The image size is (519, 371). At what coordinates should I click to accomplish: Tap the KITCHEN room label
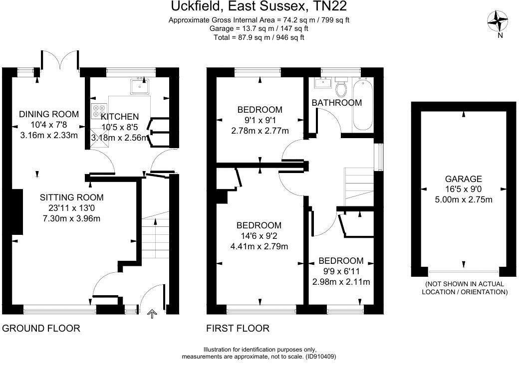pos(120,117)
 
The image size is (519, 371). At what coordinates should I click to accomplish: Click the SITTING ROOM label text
pos(72,197)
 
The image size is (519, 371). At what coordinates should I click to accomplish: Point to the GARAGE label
pos(464,179)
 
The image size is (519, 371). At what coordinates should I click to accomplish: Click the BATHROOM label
pos(336,103)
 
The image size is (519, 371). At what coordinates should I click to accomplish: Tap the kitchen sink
pos(139,87)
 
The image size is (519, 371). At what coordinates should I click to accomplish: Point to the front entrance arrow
pos(152,314)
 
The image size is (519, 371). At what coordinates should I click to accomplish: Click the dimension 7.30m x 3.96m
pos(72,218)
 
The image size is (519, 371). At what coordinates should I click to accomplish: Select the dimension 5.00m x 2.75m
pos(464,200)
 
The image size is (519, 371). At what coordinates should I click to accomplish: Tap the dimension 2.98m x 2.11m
pos(341,282)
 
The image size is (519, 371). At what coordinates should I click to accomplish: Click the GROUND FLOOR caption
pos(41,328)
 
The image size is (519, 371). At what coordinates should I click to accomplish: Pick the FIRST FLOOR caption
pos(238,328)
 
